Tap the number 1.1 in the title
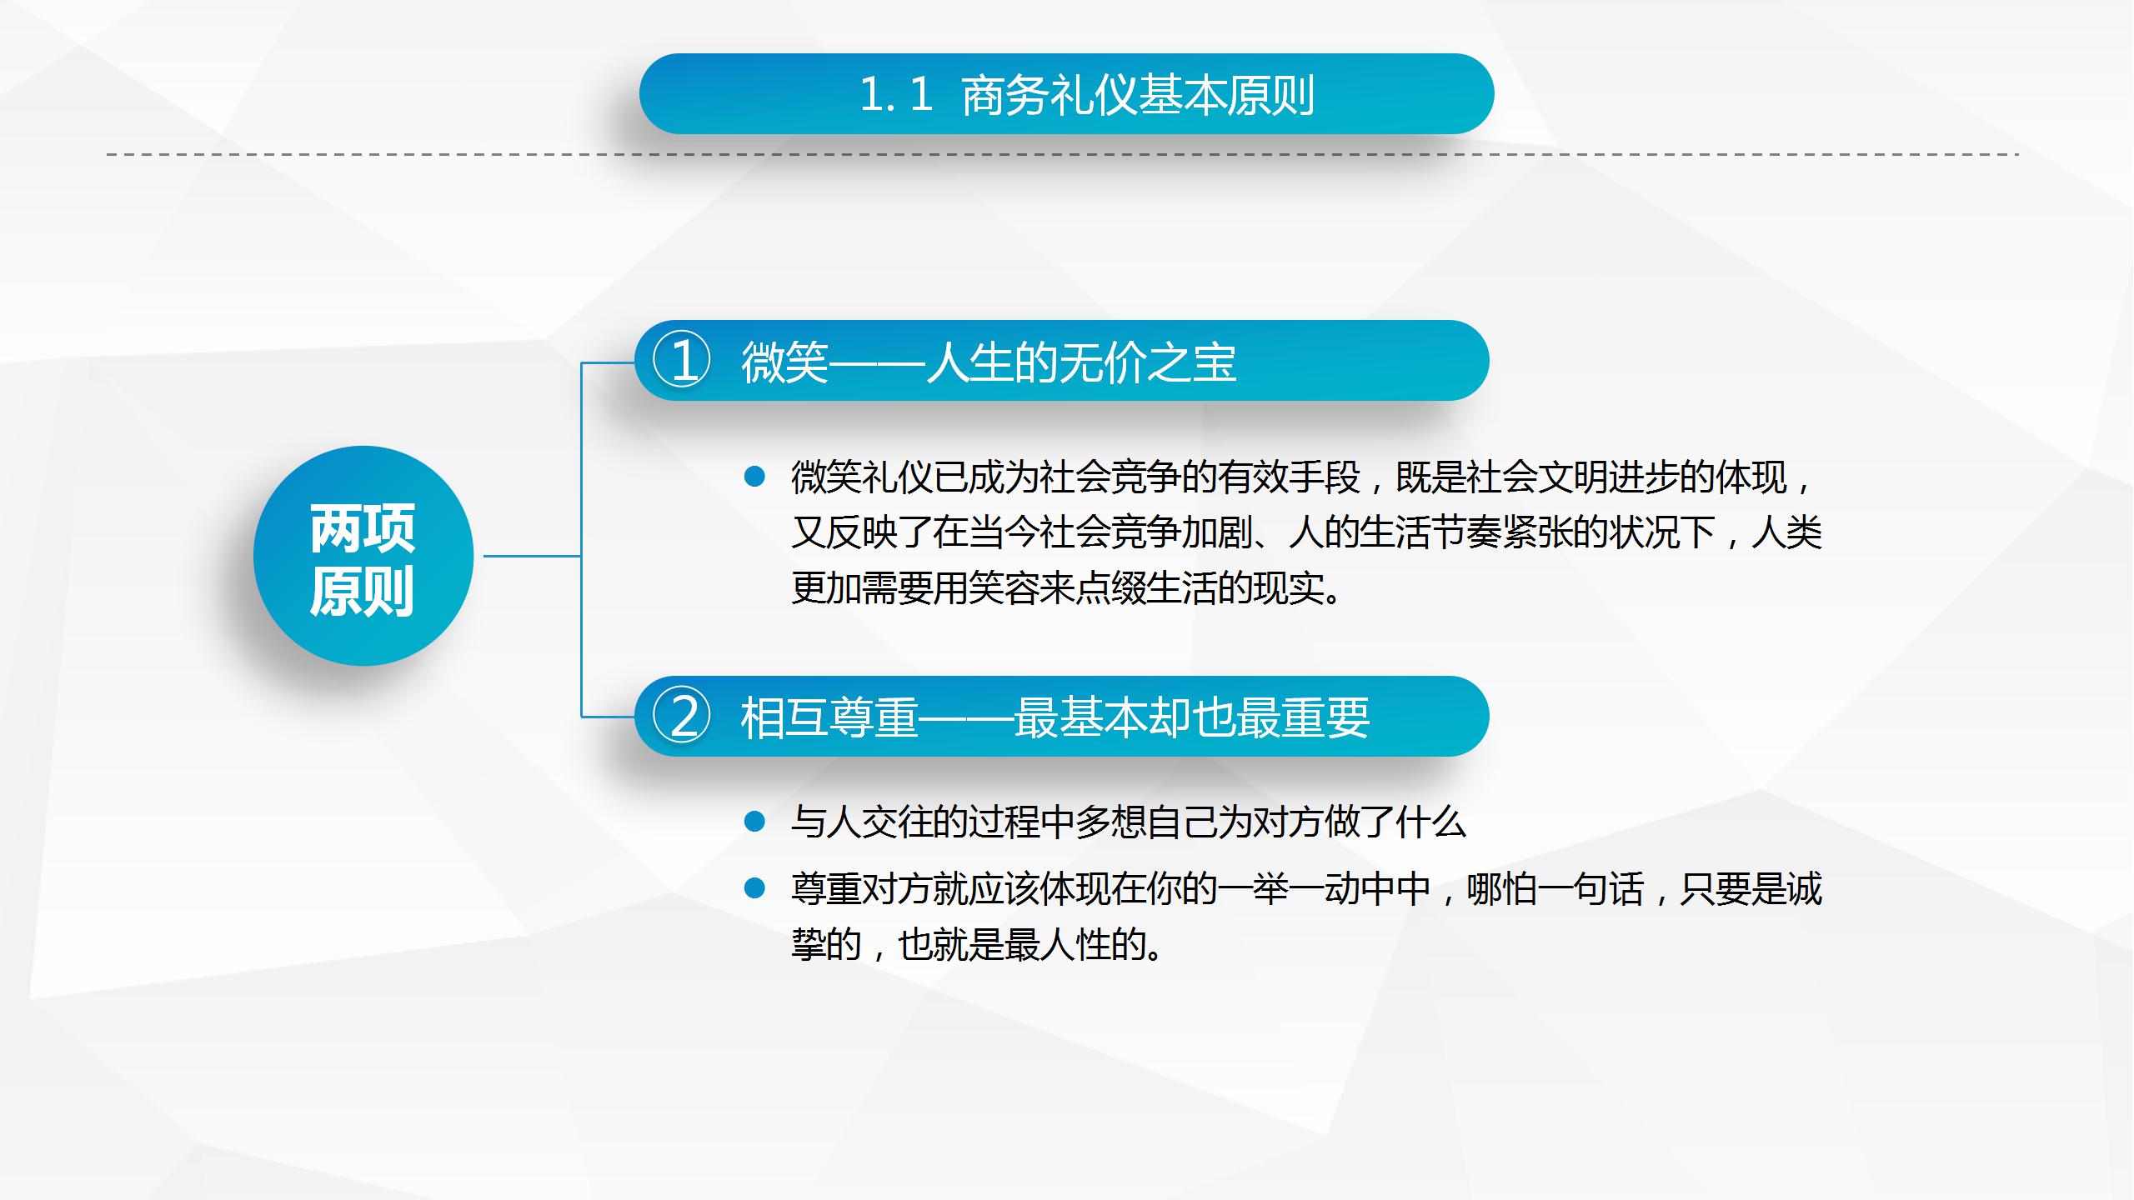pos(895,94)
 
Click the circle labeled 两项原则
pos(363,556)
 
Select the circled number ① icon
pos(682,362)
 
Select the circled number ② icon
pos(682,717)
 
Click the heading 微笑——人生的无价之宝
pos(989,362)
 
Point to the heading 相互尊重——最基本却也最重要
pos(1054,717)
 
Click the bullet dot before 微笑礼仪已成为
pos(754,477)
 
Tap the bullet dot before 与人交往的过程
pos(754,822)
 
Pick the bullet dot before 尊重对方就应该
pos(754,888)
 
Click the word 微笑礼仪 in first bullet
pos(862,477)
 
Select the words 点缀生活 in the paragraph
pos(1147,589)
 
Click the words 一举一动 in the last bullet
pos(1289,889)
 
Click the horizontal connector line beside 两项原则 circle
pos(532,556)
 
